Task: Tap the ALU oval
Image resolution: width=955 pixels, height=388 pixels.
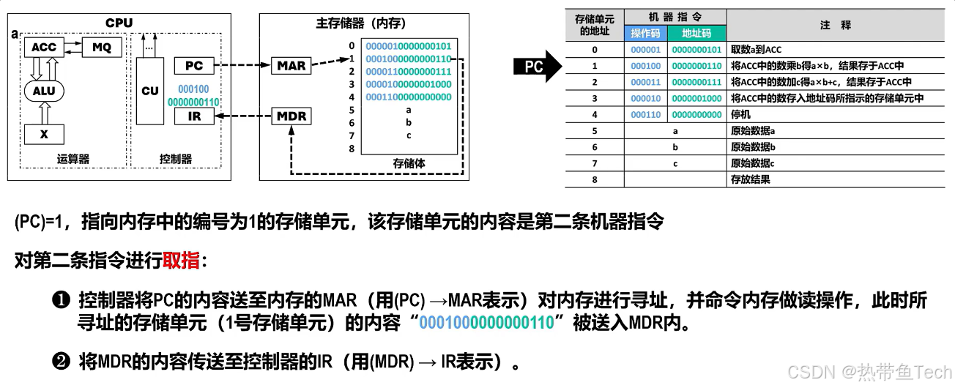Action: point(43,91)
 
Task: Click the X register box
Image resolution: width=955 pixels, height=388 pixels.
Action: point(43,135)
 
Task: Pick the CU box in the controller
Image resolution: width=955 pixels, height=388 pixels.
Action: point(149,91)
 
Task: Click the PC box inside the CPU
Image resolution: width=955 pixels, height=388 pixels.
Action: point(194,66)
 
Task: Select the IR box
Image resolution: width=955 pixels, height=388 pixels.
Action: point(194,116)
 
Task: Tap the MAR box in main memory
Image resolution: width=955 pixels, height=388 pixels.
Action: point(291,66)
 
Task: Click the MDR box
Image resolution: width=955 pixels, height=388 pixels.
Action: point(291,116)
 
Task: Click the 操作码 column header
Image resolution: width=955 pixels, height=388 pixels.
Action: point(645,34)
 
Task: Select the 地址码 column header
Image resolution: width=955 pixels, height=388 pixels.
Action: point(696,34)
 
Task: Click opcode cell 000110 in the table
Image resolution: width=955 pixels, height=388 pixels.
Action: point(645,115)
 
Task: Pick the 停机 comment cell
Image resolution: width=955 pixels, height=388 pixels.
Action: point(740,115)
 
